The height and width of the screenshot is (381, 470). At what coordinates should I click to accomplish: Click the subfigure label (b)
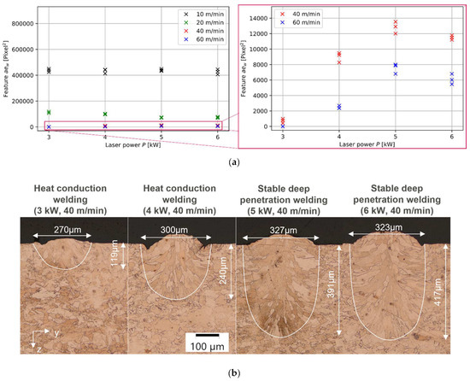[x=235, y=372]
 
